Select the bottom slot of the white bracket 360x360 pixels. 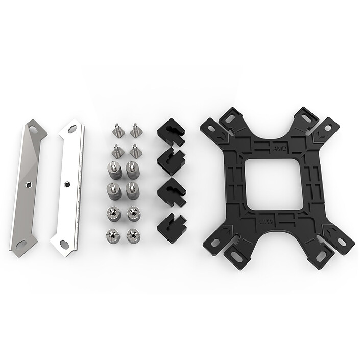pyautogui.click(x=64, y=244)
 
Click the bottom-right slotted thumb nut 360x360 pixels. pyautogui.click(x=132, y=235)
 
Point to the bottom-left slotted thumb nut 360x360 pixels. pyautogui.click(x=112, y=235)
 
